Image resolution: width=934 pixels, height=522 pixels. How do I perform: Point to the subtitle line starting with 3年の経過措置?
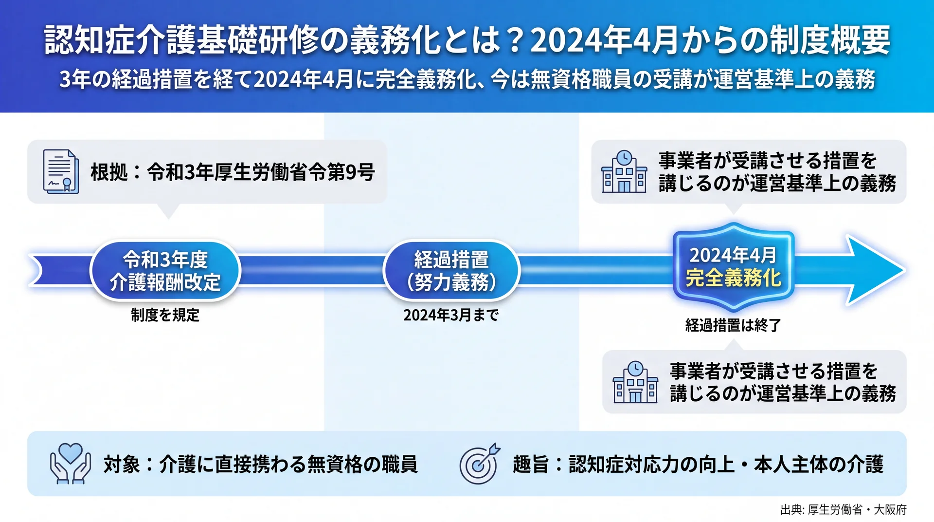tap(467, 79)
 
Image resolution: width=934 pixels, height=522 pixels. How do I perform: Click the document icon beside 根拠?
tap(61, 171)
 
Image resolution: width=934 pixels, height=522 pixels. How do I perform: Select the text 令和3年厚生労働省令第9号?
tap(261, 172)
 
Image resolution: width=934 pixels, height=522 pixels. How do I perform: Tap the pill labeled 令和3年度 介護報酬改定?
tap(165, 271)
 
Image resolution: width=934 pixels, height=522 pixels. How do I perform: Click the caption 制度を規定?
tap(165, 315)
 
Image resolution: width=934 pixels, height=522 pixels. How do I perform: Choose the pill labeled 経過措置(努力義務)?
tap(451, 271)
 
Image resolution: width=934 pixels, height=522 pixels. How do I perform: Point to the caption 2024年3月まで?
tap(451, 315)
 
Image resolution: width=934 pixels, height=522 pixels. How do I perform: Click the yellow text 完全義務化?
tap(733, 278)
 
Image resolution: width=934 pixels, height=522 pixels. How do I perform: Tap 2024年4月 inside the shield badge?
tap(733, 255)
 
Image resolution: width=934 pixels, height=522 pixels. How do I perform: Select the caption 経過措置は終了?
tap(733, 325)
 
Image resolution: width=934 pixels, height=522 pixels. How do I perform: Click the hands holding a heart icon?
tap(71, 463)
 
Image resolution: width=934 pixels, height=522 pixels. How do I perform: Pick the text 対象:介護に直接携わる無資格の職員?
tap(260, 464)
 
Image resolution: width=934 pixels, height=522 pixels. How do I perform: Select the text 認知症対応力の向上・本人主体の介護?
tap(726, 464)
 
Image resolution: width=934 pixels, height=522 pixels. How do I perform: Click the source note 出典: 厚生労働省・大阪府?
tap(844, 509)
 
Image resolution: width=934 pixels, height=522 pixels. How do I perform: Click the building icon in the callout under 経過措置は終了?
tap(635, 382)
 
